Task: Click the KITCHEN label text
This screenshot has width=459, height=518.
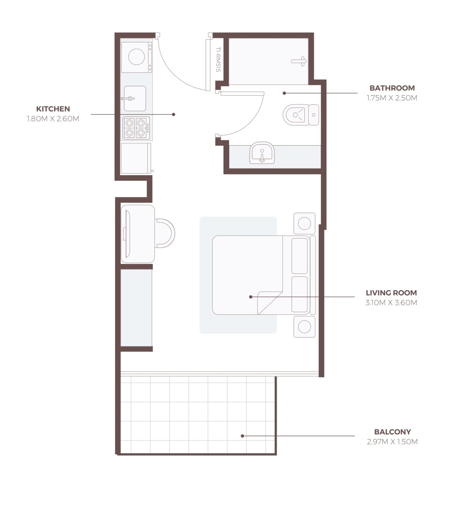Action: click(x=53, y=109)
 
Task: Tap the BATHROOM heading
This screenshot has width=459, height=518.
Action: click(x=392, y=88)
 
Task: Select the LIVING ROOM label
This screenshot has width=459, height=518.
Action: click(x=391, y=293)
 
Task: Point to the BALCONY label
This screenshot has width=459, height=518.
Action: click(x=392, y=432)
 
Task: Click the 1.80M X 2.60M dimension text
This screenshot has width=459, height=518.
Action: click(x=53, y=119)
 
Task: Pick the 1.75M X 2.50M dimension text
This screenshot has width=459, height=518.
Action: click(x=392, y=98)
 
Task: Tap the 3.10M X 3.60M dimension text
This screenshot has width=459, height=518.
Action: click(x=391, y=302)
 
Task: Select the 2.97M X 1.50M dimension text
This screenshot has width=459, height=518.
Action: click(x=392, y=442)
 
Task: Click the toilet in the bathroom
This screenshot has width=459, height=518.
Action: click(x=301, y=115)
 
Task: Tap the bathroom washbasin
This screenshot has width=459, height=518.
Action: click(x=262, y=153)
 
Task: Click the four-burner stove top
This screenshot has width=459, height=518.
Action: click(x=136, y=128)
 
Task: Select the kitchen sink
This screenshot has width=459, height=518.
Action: click(x=135, y=98)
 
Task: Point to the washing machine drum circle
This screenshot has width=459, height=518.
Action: click(x=136, y=57)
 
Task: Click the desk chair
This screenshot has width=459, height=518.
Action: click(x=165, y=233)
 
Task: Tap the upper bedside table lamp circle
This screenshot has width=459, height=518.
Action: click(x=304, y=223)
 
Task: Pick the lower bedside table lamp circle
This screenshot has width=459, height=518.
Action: click(x=304, y=327)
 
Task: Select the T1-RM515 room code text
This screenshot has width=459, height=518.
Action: click(x=218, y=60)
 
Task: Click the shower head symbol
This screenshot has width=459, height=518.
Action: click(x=299, y=61)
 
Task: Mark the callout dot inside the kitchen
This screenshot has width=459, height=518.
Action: click(x=174, y=114)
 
